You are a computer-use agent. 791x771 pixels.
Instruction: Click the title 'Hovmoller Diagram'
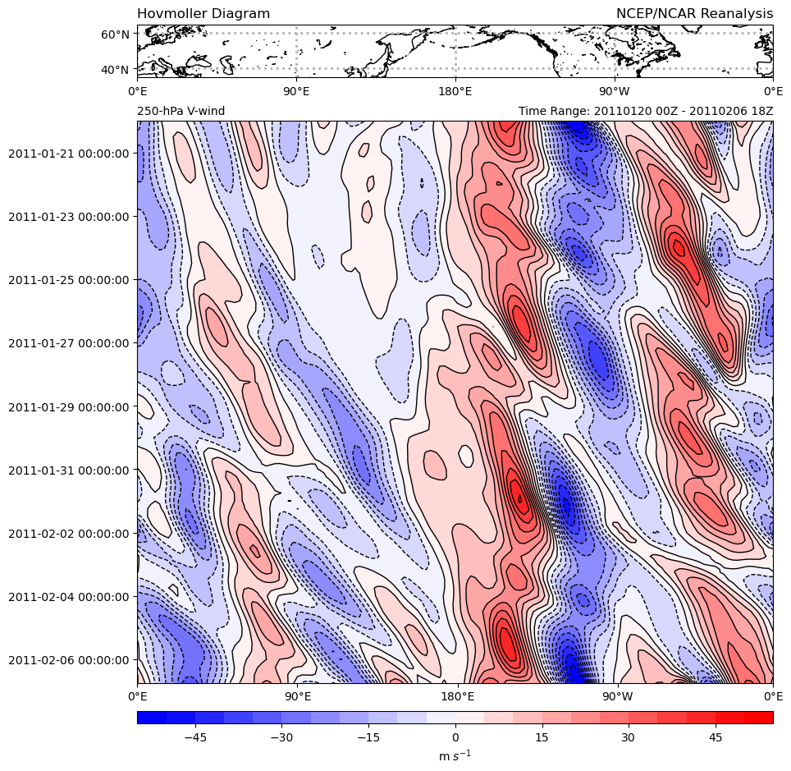203,14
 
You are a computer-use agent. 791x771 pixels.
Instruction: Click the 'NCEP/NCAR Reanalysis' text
694,14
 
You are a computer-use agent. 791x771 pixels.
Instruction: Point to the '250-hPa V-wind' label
181,111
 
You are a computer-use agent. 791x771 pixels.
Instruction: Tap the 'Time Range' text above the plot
646,111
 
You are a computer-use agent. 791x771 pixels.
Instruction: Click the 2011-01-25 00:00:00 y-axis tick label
69,279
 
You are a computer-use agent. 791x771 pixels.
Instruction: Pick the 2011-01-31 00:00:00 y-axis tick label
69,470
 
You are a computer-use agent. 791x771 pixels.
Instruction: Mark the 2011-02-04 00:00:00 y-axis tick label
69,596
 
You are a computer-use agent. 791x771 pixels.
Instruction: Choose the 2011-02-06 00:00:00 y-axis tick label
69,659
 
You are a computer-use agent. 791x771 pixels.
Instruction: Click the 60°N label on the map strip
115,34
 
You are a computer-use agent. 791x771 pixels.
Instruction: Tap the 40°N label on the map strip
115,69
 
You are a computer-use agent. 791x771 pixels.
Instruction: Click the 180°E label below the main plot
458,696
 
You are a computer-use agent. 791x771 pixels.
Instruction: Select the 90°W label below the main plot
617,696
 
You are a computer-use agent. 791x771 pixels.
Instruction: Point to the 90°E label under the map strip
296,90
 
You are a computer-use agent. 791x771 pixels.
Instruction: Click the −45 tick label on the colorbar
194,737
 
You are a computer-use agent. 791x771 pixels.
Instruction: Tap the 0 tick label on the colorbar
455,737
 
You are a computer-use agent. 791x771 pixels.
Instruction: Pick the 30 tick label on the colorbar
628,737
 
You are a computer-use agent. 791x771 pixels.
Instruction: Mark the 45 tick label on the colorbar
715,737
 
